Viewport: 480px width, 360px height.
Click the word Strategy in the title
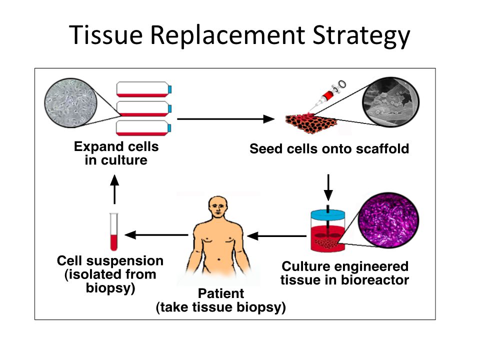361,36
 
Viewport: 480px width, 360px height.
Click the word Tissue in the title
106,34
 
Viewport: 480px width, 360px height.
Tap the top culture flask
144,89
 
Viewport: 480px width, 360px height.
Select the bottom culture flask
144,128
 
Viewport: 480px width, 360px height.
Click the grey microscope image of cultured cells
70,102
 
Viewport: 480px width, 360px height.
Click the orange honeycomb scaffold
311,123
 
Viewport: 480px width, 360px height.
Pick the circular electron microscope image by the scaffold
390,101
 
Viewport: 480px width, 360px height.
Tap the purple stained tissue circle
388,220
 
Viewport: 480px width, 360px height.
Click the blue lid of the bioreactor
328,214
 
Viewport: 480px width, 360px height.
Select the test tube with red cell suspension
114,231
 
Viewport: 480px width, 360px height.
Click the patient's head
218,207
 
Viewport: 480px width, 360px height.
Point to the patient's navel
219,260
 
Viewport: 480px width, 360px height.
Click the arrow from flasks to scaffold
225,119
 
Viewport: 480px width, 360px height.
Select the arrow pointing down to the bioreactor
328,187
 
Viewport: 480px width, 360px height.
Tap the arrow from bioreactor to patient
276,236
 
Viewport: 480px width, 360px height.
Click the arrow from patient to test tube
156,235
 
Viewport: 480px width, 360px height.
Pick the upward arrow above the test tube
114,189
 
